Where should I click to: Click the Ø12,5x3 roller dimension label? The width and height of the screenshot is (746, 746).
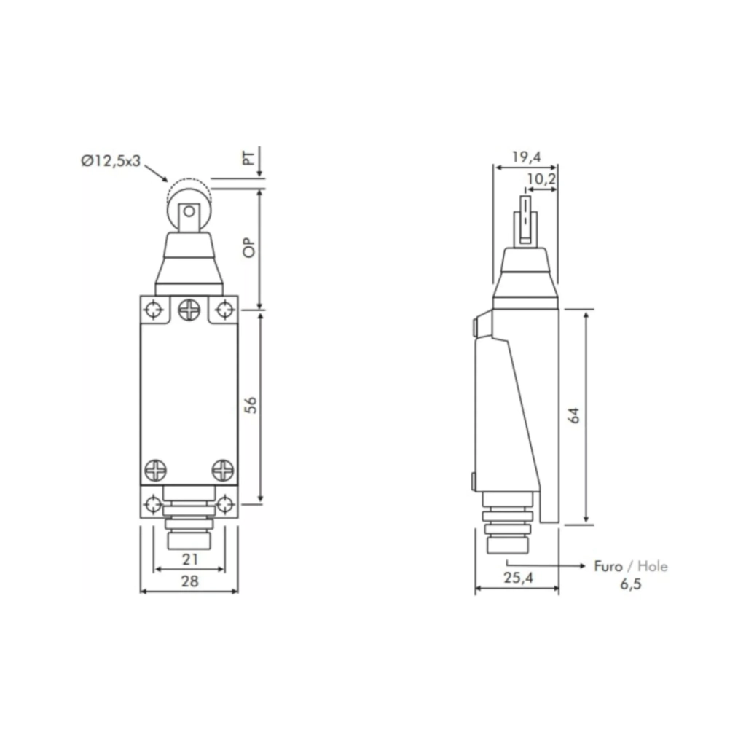pos(111,161)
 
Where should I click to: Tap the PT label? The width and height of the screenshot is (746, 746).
pos(249,157)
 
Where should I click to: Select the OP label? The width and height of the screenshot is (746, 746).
pos(249,248)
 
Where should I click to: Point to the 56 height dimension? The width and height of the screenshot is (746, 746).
pos(251,404)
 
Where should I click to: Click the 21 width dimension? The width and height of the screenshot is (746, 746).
pos(190,559)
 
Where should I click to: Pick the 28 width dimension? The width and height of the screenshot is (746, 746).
pos(190,581)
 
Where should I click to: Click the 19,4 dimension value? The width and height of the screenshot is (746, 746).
pos(526,157)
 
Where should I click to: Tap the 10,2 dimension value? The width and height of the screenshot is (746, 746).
pos(541,179)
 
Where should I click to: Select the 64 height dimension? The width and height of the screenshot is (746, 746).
pos(574,415)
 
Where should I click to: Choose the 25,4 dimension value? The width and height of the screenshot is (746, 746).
pos(519,578)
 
